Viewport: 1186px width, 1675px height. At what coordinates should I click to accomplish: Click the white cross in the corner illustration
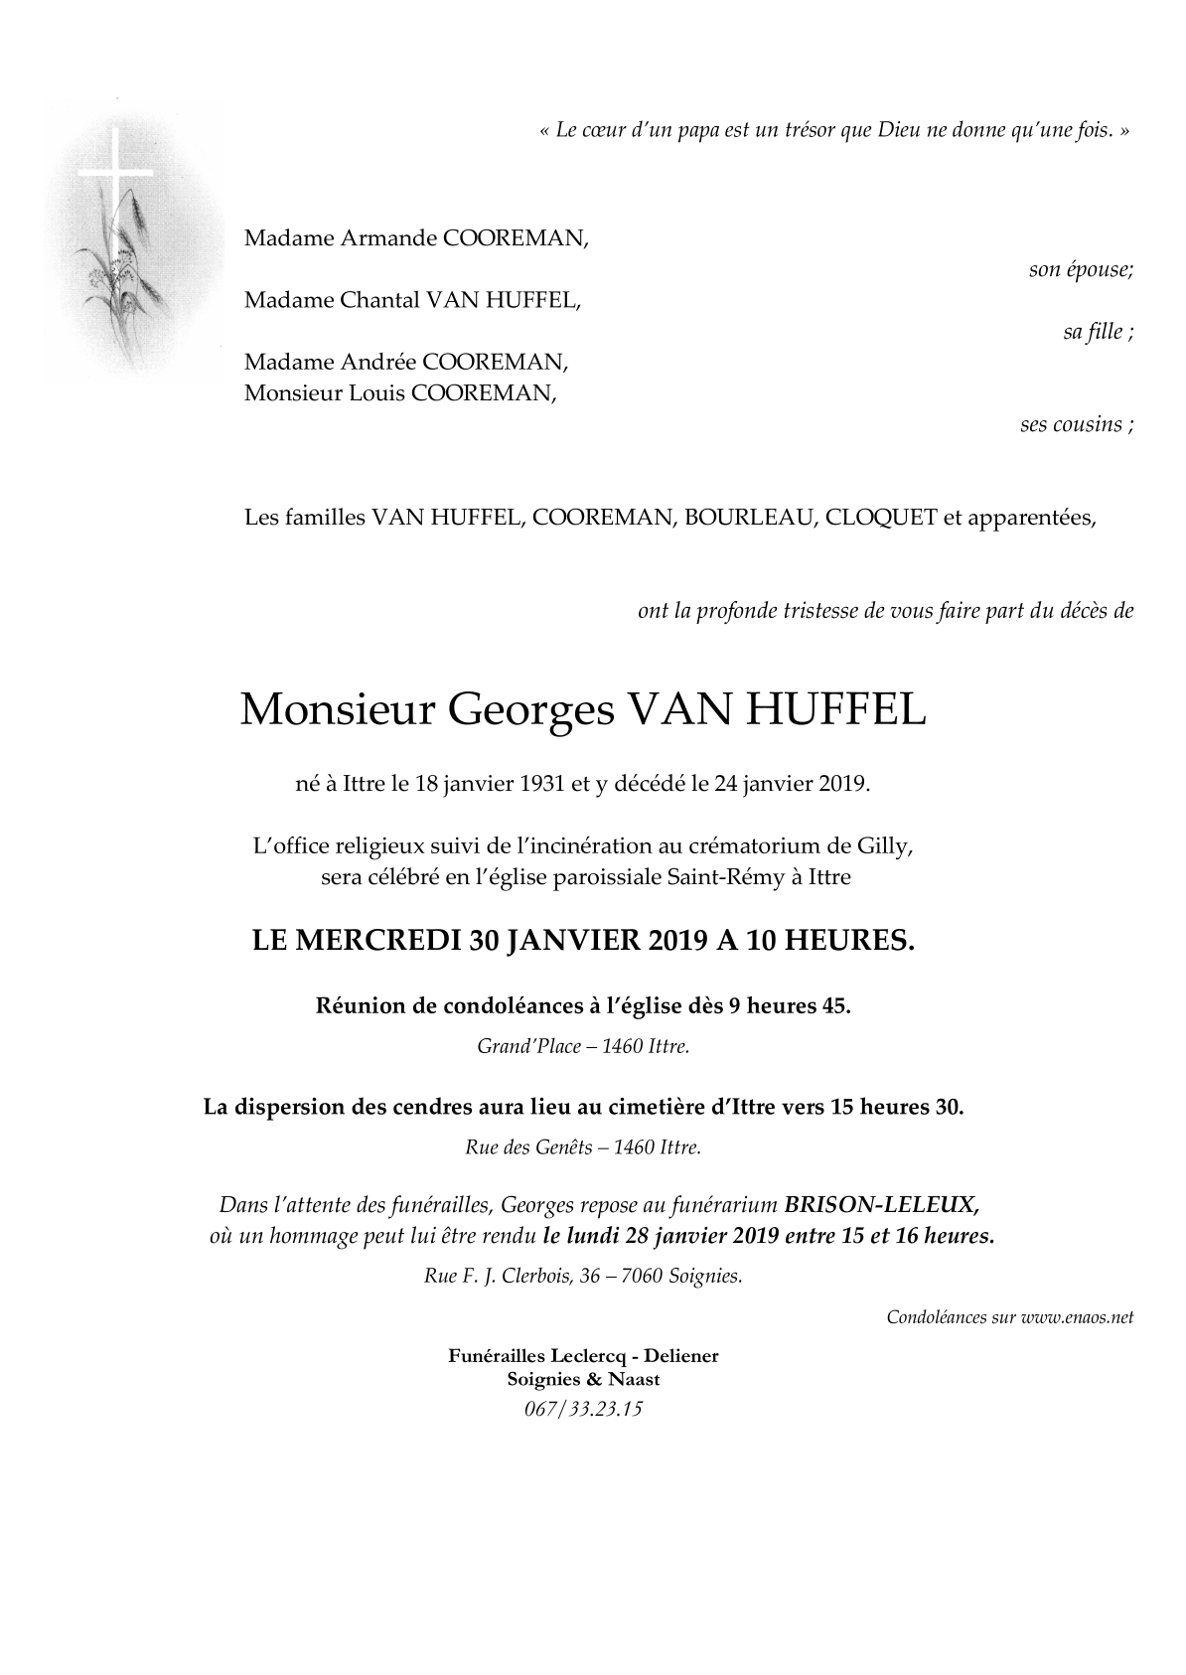115,170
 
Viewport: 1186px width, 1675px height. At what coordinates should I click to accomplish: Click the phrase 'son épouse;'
1081,269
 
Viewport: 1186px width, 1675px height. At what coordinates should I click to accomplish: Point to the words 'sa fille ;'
1098,332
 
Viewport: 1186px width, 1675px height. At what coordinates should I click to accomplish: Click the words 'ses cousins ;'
1076,424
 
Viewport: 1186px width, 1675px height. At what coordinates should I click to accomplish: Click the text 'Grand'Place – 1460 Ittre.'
583,1046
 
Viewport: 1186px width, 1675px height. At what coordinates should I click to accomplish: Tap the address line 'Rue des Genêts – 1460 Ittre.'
583,1147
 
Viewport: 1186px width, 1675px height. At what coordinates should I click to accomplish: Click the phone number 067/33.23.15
583,1408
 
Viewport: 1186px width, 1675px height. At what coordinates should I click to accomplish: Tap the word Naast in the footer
637,1379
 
